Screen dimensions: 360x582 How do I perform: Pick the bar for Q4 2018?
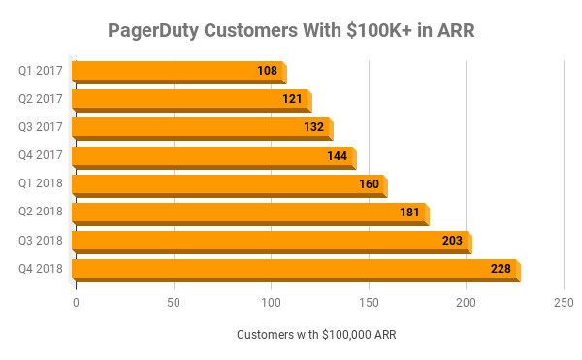pyautogui.click(x=295, y=268)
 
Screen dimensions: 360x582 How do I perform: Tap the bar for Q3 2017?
pyautogui.click(x=201, y=127)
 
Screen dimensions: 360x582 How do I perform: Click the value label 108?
pyautogui.click(x=267, y=71)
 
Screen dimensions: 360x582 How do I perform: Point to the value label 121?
pyautogui.click(x=292, y=99)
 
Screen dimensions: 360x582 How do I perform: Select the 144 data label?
pyautogui.click(x=338, y=155)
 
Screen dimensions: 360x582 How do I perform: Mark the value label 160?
pyautogui.click(x=369, y=183)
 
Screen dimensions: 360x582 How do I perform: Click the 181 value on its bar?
pyautogui.click(x=409, y=212)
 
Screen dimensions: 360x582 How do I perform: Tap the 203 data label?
pyautogui.click(x=452, y=240)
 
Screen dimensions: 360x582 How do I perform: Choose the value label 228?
pyautogui.click(x=501, y=268)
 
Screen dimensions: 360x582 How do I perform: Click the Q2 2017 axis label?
pyautogui.click(x=40, y=99)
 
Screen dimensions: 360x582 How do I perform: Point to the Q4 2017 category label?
pyautogui.click(x=40, y=155)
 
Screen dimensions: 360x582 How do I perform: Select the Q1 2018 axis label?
pyautogui.click(x=40, y=183)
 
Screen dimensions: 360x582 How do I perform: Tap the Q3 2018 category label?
pyautogui.click(x=40, y=240)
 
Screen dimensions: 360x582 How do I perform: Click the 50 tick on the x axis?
pyautogui.click(x=174, y=303)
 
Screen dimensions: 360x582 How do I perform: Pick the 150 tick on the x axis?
pyautogui.click(x=369, y=303)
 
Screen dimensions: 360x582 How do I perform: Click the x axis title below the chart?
pyautogui.click(x=316, y=335)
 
